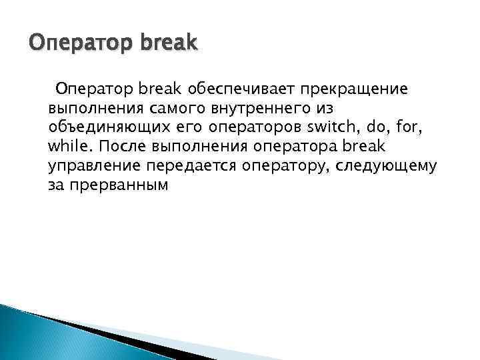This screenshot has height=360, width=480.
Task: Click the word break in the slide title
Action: [x=168, y=43]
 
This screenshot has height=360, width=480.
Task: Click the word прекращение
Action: [x=353, y=88]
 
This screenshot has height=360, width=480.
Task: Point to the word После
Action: [x=122, y=146]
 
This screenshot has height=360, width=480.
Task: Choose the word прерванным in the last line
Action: [x=117, y=185]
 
